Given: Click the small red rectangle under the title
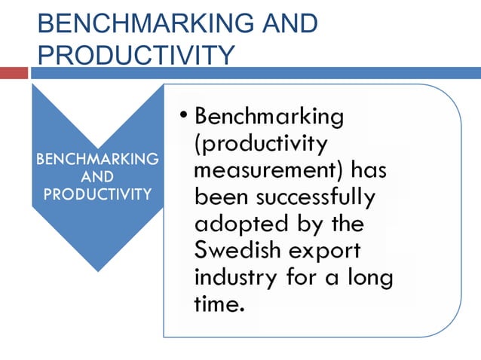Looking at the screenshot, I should pos(14,73).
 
